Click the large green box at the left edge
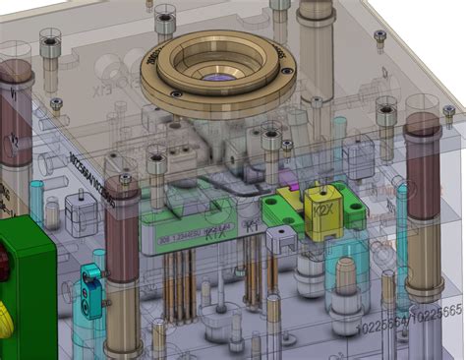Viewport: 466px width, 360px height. point(25,285)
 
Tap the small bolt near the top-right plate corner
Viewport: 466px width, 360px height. point(380,36)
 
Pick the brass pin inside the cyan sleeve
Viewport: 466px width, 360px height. point(346,280)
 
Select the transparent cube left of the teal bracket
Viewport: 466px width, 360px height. point(77,209)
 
